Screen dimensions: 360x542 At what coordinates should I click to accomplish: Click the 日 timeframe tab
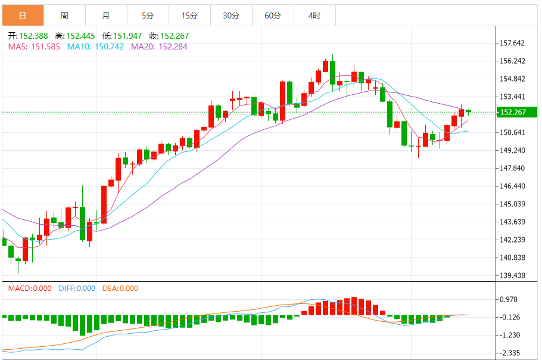pos(23,15)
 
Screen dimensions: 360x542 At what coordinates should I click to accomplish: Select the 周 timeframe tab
pos(64,15)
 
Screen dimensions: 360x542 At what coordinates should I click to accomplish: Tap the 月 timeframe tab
pos(106,15)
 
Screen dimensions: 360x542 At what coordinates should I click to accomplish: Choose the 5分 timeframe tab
pos(148,15)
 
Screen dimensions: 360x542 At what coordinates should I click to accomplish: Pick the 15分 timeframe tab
pos(189,15)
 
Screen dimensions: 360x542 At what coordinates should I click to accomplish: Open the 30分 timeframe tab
pos(231,15)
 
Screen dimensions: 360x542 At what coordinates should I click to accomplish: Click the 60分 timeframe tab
pos(273,15)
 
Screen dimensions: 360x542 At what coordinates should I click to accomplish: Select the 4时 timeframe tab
pos(314,15)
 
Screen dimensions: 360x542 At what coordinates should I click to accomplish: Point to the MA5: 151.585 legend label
pos(34,46)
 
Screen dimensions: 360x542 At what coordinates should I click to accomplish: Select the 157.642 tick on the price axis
pos(512,43)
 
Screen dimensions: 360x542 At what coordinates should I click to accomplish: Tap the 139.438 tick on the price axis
pos(512,275)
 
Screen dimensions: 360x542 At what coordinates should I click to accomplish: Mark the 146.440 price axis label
pos(512,186)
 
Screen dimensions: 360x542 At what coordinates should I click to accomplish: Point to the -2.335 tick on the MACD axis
pos(510,353)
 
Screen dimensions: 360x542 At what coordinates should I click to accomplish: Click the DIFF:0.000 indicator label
pos(77,288)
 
